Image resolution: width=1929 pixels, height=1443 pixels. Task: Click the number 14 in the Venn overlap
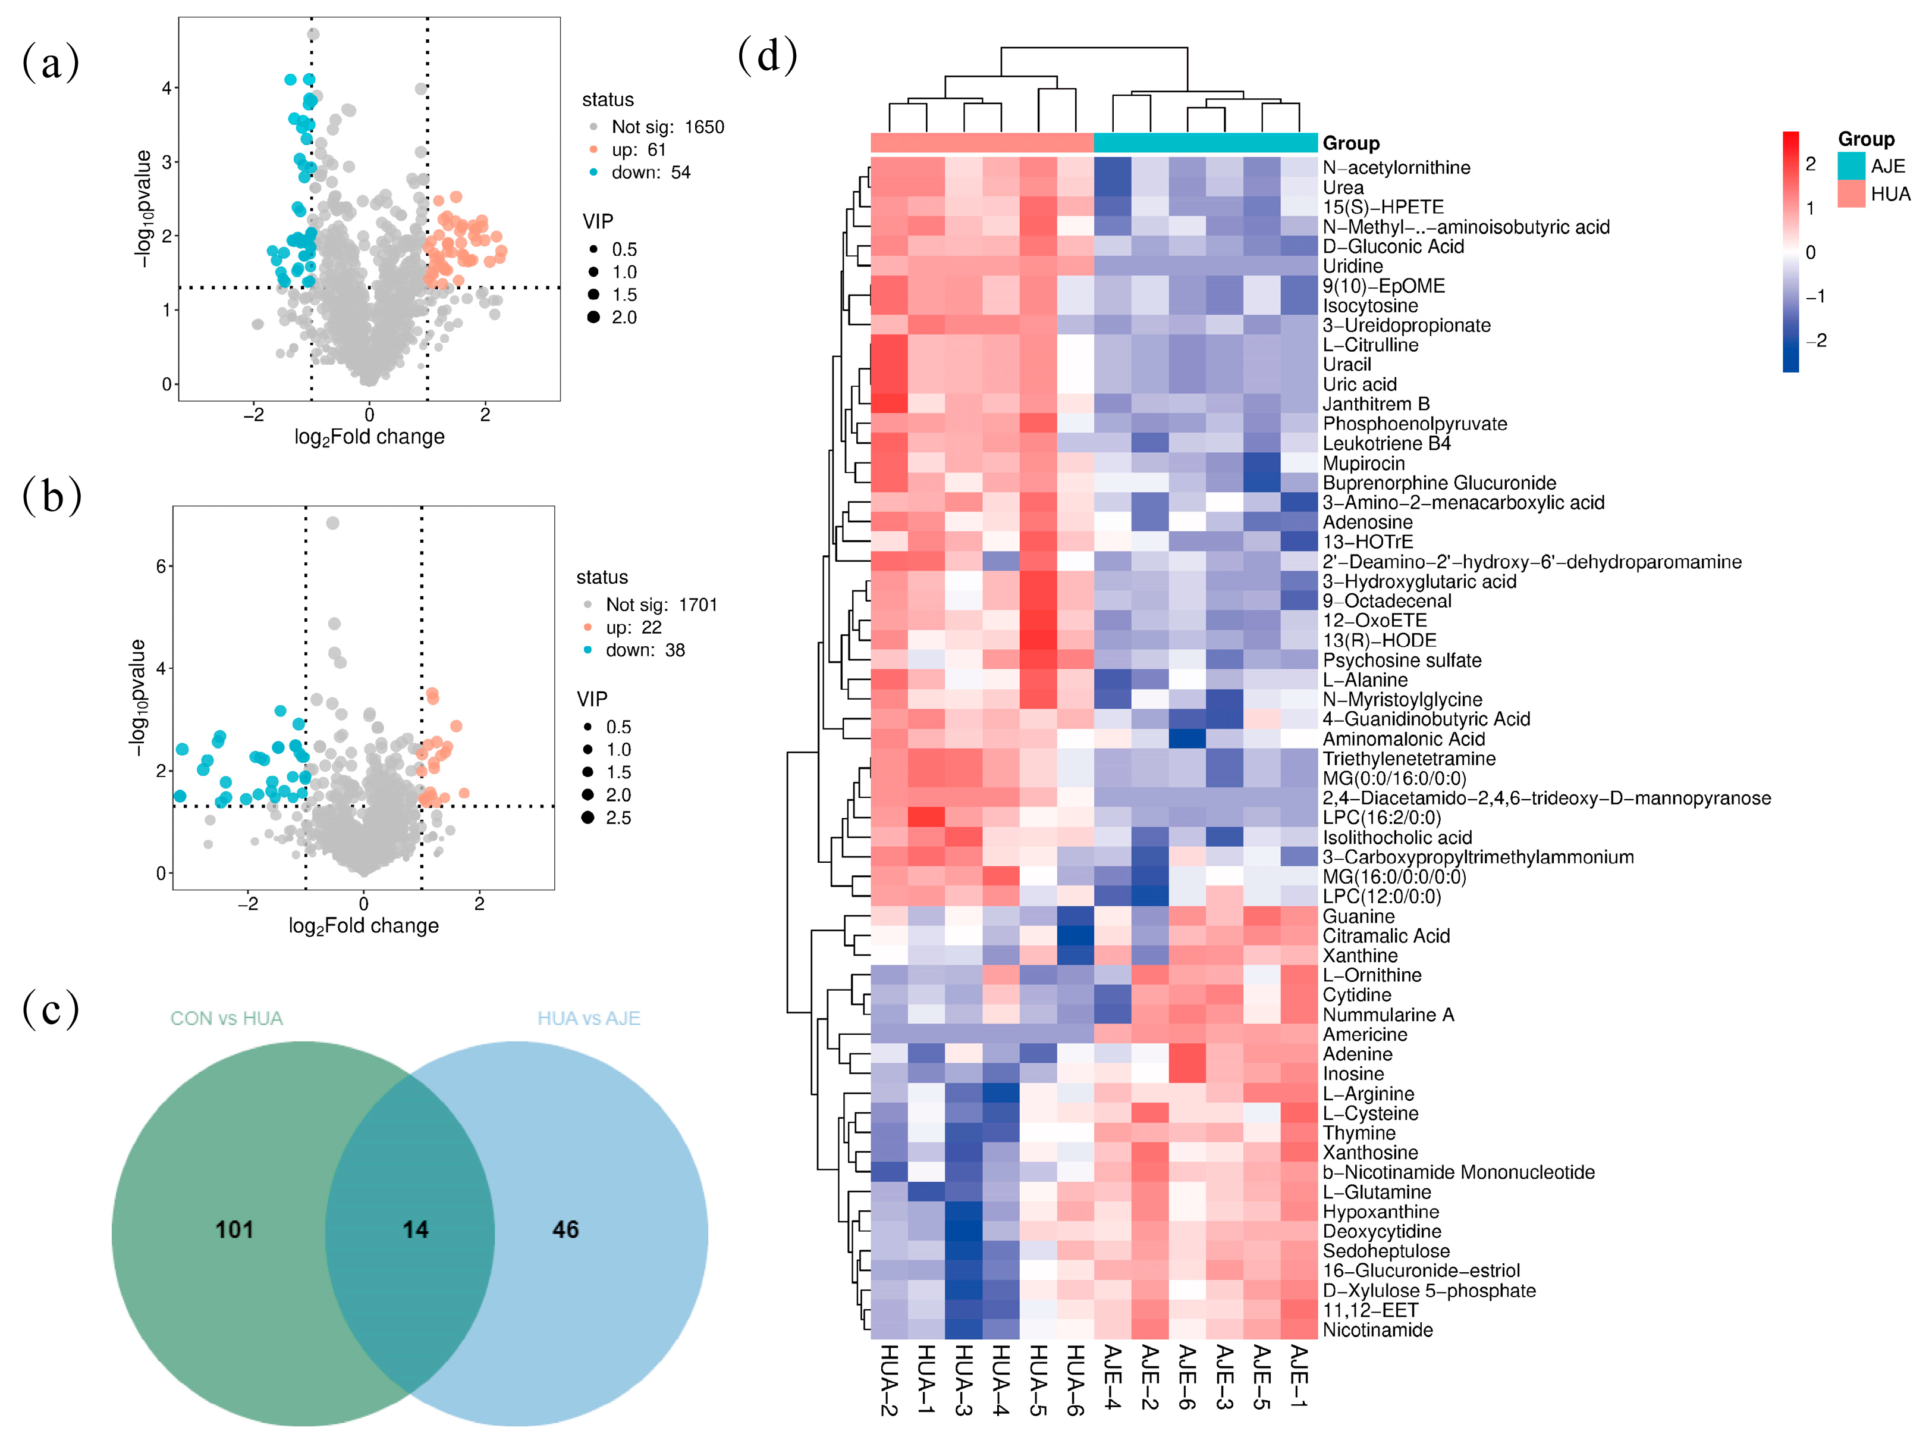(415, 1229)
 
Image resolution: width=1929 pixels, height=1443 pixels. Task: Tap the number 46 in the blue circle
(565, 1229)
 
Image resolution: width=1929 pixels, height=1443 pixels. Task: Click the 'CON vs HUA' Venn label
(226, 1018)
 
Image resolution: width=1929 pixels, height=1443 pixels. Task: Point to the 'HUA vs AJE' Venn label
(589, 1018)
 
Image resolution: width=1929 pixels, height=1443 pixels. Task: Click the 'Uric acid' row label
(1359, 385)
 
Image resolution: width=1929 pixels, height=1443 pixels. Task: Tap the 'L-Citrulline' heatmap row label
(1370, 346)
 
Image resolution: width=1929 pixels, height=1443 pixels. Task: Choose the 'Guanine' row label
(1358, 916)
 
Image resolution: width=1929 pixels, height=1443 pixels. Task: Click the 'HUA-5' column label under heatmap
(1038, 1379)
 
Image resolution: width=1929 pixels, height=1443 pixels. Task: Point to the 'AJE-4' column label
(1113, 1377)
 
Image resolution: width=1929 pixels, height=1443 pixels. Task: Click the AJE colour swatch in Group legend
(1851, 166)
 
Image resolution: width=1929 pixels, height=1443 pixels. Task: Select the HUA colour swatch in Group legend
(1851, 193)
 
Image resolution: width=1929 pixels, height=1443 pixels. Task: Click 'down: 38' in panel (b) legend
(645, 650)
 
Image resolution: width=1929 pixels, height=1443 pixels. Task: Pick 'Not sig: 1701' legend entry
(661, 605)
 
